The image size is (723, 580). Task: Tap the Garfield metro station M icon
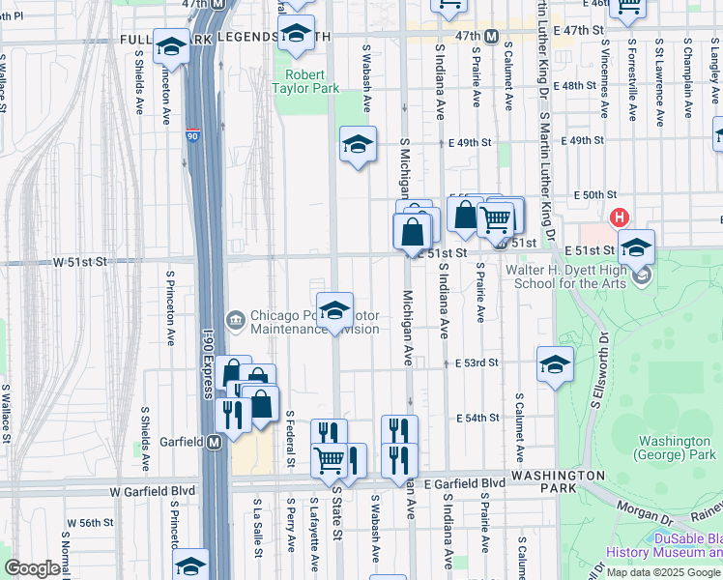tap(215, 442)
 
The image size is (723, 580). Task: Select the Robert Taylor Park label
tap(312, 80)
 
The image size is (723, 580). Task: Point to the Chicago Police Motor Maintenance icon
tap(235, 319)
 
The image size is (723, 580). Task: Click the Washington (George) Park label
tap(674, 448)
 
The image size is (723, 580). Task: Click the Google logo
tap(32, 568)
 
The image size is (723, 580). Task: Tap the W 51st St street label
tap(78, 262)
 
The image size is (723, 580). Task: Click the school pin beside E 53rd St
tap(555, 364)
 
